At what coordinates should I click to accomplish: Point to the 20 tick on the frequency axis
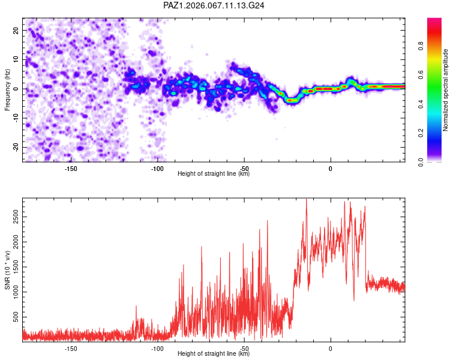[16, 30]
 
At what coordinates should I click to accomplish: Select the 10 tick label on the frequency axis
[16, 59]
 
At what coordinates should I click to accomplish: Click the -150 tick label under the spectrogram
[71, 169]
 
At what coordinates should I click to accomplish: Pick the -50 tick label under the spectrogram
[244, 169]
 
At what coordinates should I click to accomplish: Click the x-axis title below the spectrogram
[214, 174]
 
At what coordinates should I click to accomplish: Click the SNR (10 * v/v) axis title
[7, 270]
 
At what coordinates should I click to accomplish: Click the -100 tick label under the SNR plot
[157, 349]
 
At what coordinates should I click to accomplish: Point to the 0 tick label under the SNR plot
[330, 349]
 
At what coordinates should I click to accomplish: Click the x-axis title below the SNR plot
[214, 354]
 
